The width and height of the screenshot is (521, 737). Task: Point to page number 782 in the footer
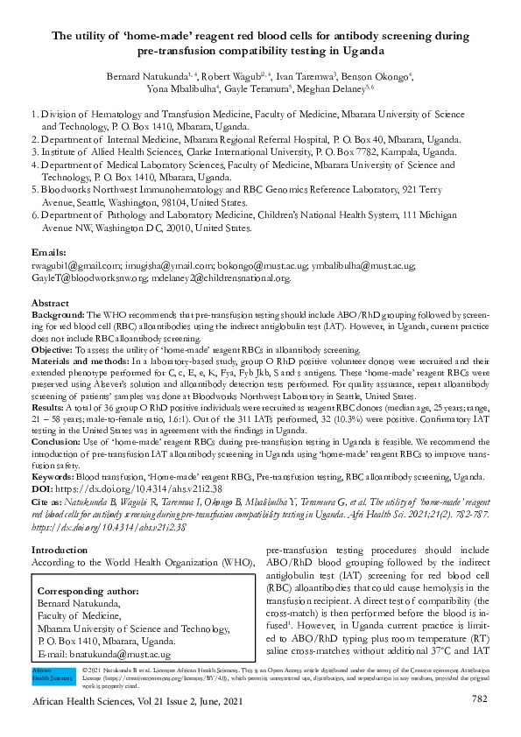(x=479, y=698)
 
